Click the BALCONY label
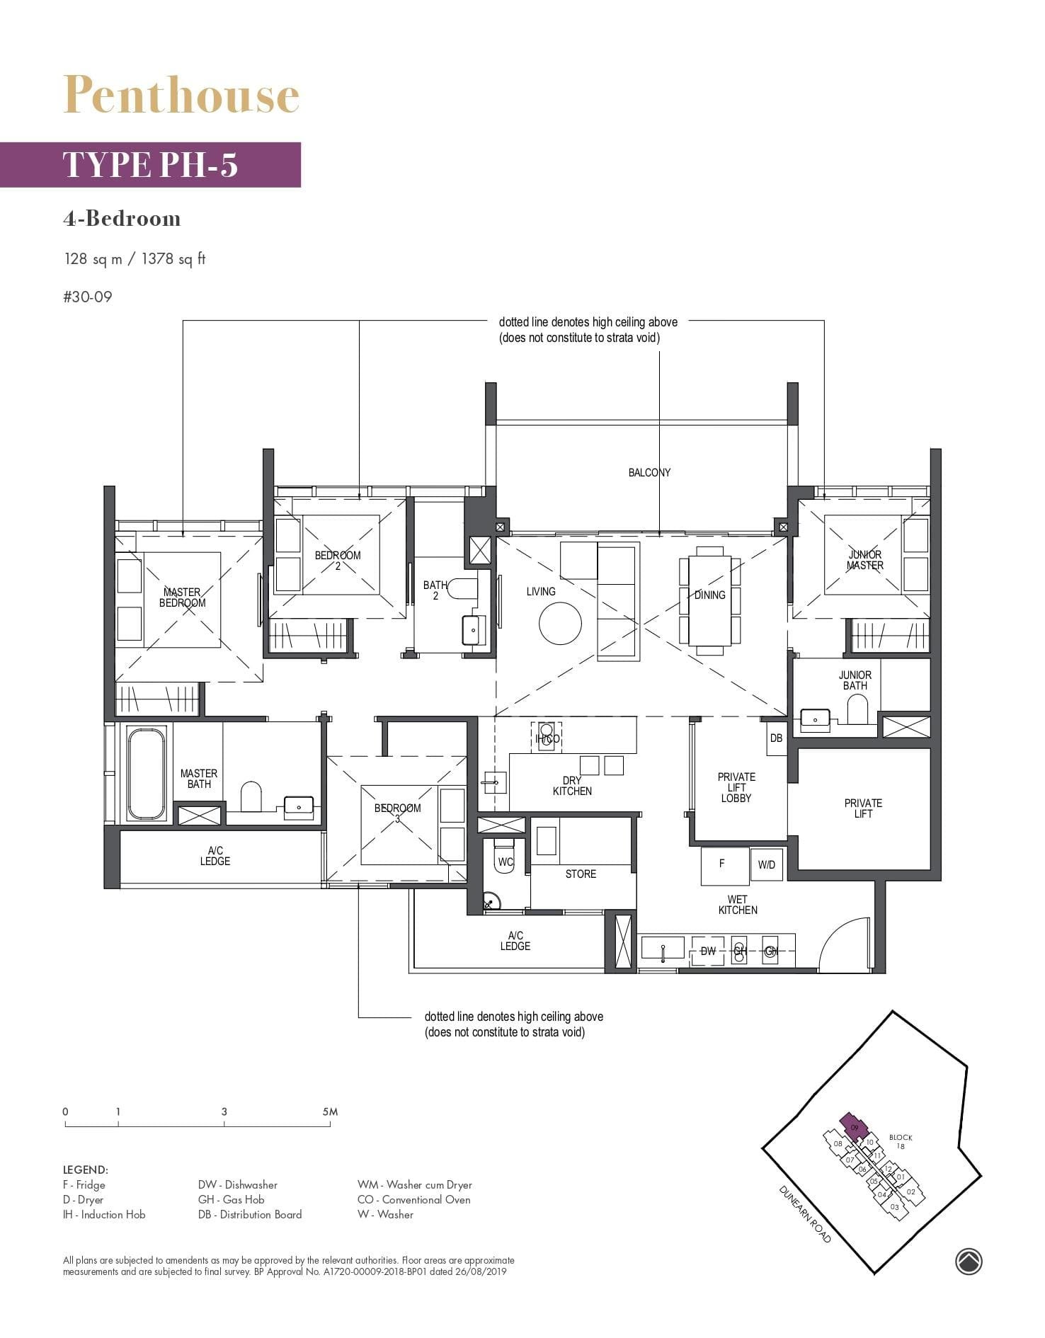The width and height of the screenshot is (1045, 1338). [649, 472]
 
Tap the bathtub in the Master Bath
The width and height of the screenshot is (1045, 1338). [147, 773]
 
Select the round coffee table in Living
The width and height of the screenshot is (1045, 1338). [560, 624]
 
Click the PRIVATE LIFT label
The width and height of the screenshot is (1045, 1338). [862, 808]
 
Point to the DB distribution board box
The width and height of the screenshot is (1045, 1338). [776, 738]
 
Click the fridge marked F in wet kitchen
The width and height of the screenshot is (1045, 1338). [724, 865]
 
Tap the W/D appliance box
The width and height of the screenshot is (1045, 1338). [766, 865]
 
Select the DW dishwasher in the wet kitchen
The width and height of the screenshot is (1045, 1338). [708, 951]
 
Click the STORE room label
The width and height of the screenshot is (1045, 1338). [581, 874]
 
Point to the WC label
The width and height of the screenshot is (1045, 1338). [506, 862]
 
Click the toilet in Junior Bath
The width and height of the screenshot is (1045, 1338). [857, 709]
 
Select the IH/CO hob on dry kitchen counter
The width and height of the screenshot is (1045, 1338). [547, 737]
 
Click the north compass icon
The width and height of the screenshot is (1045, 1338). [969, 1261]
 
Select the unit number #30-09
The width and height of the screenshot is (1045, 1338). [88, 297]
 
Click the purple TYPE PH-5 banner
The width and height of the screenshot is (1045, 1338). [150, 164]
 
